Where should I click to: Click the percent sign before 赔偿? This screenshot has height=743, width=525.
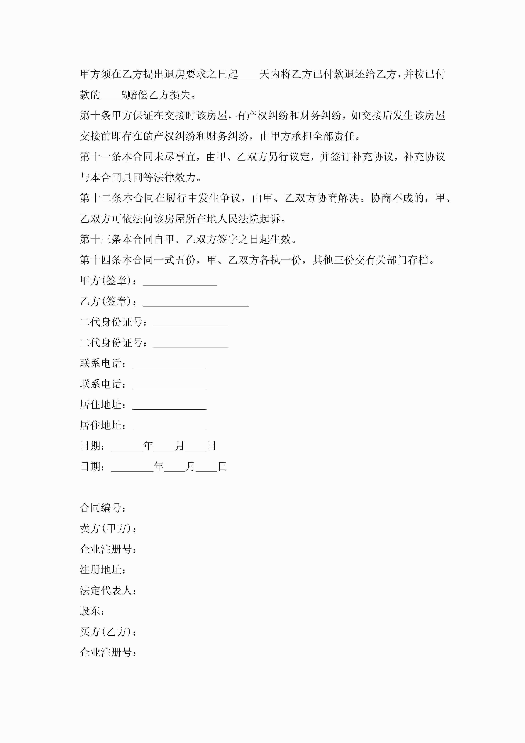pyautogui.click(x=124, y=95)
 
